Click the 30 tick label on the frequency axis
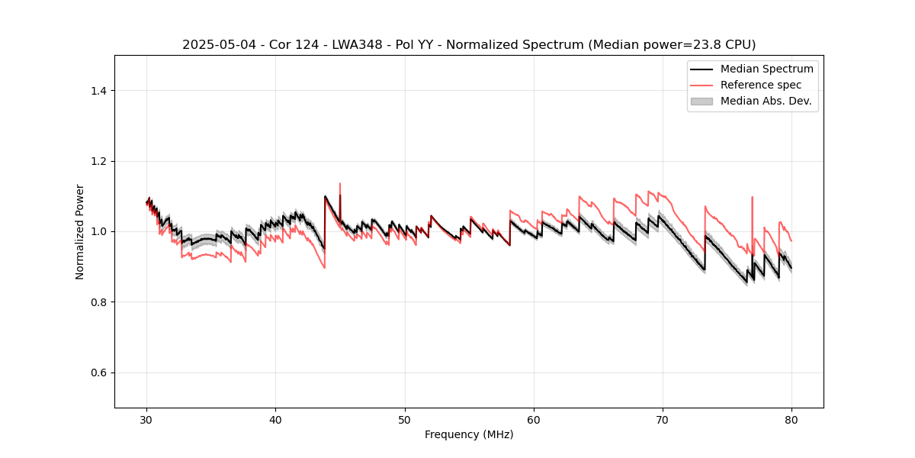point(146,419)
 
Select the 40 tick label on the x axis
point(275,419)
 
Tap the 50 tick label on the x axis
point(405,419)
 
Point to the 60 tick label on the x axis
point(534,419)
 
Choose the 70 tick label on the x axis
point(663,419)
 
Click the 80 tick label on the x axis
point(791,419)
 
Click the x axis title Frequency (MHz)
point(469,434)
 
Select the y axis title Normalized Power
point(80,231)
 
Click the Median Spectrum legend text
point(766,69)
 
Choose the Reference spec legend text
point(761,85)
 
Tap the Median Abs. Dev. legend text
point(766,101)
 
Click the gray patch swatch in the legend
point(701,101)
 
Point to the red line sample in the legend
point(701,85)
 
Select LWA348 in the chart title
point(358,45)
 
